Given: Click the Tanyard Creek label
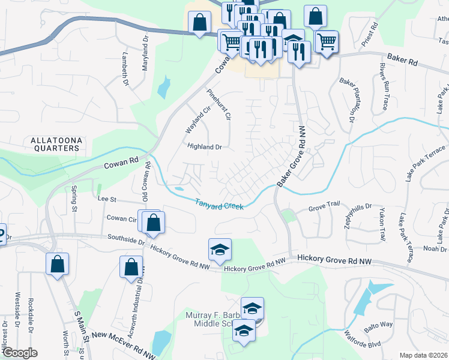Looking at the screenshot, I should click(x=219, y=205).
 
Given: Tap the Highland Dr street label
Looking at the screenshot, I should click(x=205, y=146).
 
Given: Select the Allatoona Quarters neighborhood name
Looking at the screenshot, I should click(x=55, y=143).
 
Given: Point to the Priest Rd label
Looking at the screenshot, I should click(x=369, y=35).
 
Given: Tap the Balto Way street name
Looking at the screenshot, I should click(x=378, y=325).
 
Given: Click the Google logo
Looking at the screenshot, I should click(x=20, y=353).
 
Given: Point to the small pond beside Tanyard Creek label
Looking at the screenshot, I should click(x=179, y=190).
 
